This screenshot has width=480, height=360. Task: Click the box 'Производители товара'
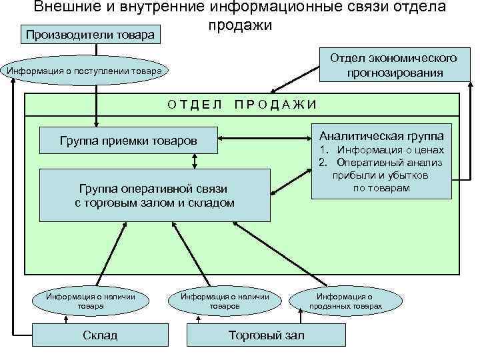click(92, 34)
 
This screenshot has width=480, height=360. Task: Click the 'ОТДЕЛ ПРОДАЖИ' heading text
click(242, 104)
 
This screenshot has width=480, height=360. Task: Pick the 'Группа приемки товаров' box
click(129, 141)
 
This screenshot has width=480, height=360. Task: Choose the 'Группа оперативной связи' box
click(155, 195)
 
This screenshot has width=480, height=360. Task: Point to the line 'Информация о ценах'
click(390, 151)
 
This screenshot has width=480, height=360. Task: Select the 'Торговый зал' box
click(266, 335)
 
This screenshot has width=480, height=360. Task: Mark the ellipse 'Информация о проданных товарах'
click(345, 301)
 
